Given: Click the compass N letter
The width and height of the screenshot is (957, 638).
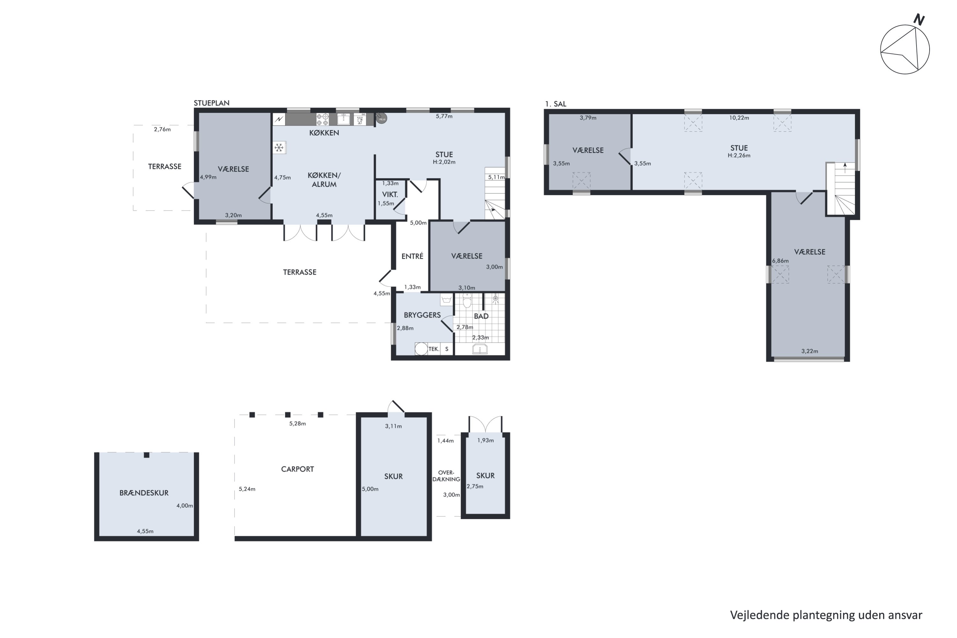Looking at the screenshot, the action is tap(919, 19).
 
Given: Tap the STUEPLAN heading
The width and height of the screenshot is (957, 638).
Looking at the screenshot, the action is tap(211, 103).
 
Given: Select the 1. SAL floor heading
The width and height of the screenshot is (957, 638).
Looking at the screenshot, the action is tap(555, 104).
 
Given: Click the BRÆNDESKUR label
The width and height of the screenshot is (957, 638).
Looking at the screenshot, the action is tap(144, 493).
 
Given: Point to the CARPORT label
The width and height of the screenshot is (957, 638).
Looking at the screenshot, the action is tap(297, 469).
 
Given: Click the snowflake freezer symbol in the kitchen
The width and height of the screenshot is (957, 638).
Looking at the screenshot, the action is tap(279, 147).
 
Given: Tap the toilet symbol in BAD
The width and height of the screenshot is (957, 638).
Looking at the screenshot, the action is tap(467, 301).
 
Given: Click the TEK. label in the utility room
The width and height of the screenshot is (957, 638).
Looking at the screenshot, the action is tap(434, 349).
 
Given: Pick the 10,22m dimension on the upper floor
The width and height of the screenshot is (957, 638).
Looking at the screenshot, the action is tap(739, 118).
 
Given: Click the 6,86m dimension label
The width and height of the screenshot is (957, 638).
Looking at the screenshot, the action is tap(780, 261).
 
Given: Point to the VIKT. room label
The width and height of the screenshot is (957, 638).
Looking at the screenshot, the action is tap(390, 195).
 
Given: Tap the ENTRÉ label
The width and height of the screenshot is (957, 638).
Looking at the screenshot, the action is tap(412, 256).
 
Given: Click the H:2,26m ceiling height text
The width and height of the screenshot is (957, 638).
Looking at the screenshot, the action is tap(739, 155).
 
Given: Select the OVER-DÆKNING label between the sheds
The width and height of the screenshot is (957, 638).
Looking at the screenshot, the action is tap(446, 476).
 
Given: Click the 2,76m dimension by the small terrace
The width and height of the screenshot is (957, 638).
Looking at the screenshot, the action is tap(162, 130).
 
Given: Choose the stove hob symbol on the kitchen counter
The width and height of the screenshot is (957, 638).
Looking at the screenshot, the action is tap(323, 119).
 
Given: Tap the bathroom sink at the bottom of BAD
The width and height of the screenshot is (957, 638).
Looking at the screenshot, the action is tap(480, 349).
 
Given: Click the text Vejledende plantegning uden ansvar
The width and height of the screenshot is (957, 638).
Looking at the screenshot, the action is tap(826, 615).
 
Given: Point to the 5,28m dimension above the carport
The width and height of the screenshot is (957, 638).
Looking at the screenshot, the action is tap(297, 424).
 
